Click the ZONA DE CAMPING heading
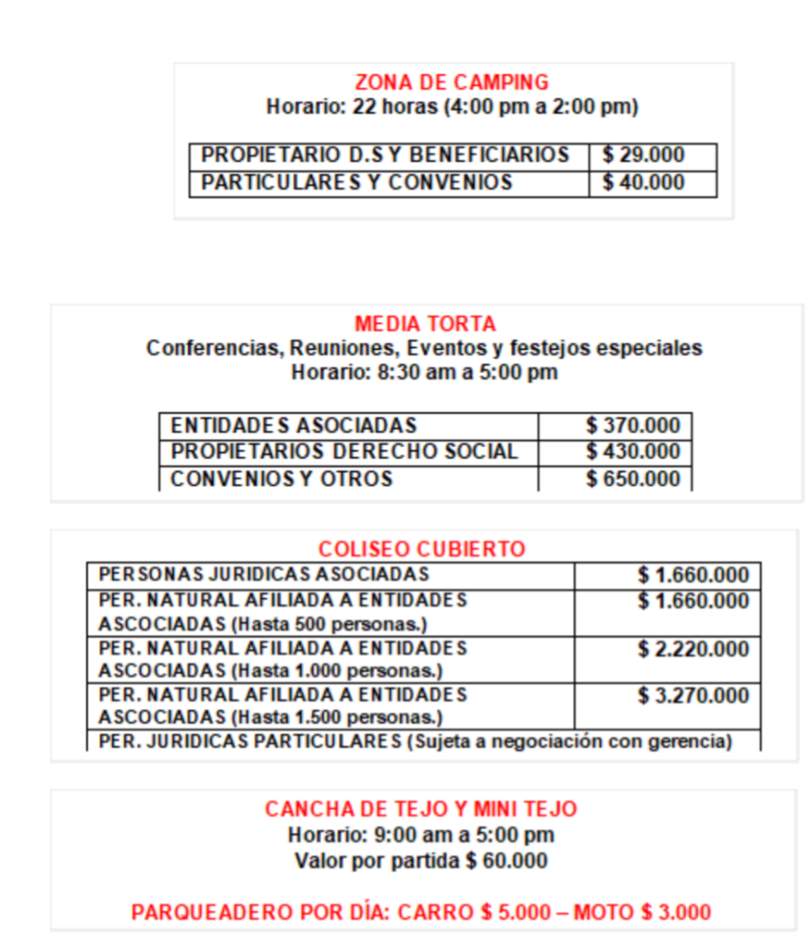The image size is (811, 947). coord(451,82)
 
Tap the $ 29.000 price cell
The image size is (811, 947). coord(644,155)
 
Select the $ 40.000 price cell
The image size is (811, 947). coord(644,182)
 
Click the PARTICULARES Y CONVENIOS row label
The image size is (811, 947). coord(356,182)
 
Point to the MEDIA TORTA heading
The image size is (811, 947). coord(425,324)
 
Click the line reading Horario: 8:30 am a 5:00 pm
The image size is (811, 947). coord(424,373)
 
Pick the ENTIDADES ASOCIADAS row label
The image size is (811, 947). coord(294,425)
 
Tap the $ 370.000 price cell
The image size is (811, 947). coord(633,425)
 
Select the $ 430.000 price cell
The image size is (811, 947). coord(633,452)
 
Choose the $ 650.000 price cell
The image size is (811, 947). coord(633,479)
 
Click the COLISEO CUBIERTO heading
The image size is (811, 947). coord(422,549)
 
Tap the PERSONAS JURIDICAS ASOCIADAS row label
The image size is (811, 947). coord(264,574)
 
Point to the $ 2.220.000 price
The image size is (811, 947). coord(693,649)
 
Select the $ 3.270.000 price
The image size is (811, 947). coord(693,695)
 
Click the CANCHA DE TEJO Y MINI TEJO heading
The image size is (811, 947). coord(421,809)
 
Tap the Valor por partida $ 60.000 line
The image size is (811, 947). coord(421,861)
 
